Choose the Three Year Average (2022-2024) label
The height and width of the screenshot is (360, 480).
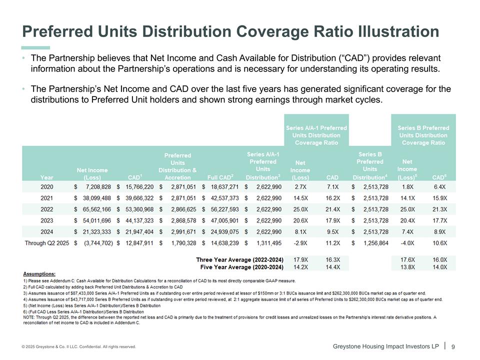(239, 260)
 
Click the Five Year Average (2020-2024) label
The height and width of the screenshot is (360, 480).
(241, 267)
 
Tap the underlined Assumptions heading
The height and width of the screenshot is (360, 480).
(39, 274)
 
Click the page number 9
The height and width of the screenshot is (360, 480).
(453, 346)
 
